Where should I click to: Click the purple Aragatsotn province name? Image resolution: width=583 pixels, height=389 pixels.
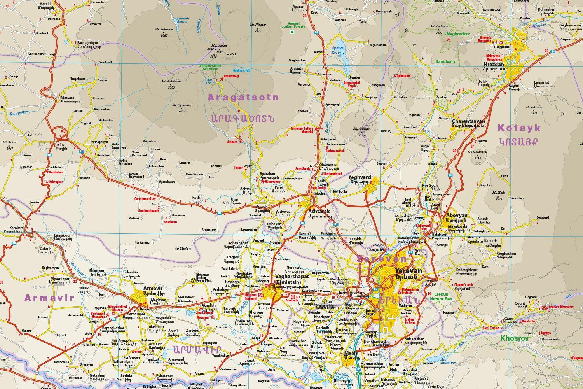(243, 97)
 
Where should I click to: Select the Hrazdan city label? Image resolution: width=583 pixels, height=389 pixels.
(494, 64)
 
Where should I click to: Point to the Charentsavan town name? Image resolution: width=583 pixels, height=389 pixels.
(468, 121)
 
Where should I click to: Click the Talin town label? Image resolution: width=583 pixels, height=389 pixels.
(59, 144)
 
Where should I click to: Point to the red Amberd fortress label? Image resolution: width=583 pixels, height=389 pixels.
(232, 142)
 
